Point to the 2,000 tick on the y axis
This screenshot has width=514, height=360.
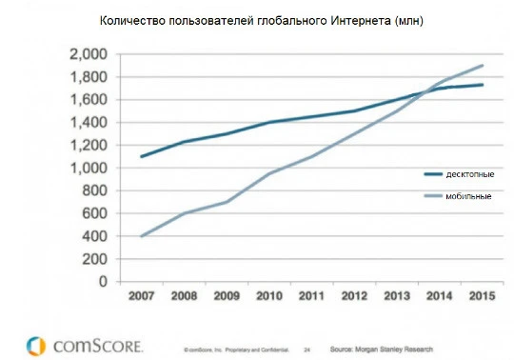point(89,54)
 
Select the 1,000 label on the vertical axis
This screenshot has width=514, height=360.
point(89,168)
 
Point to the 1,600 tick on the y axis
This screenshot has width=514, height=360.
point(89,100)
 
